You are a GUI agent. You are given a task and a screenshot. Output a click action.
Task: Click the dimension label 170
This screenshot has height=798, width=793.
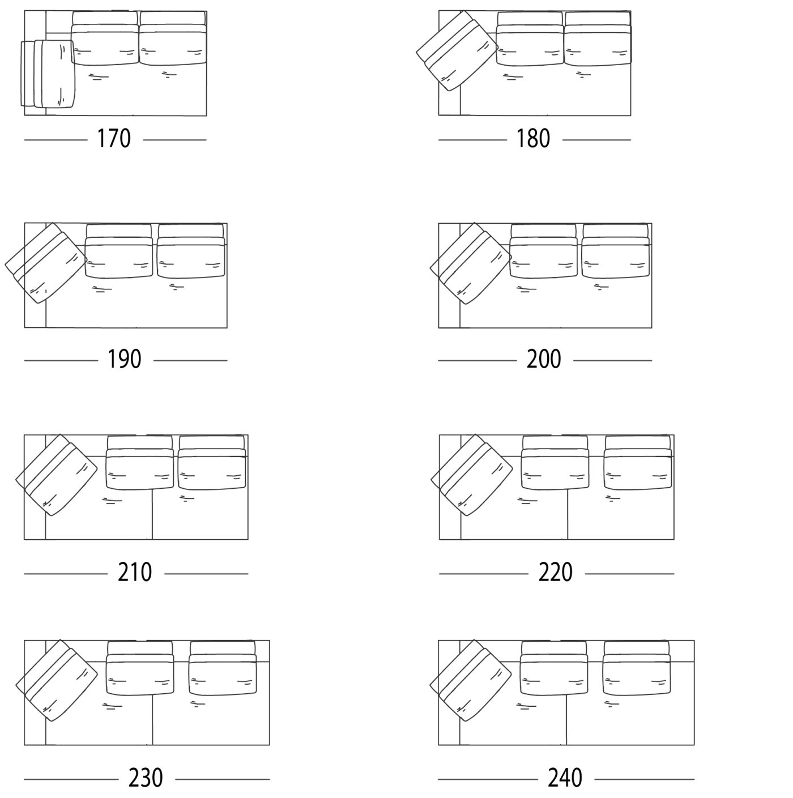pos(114,139)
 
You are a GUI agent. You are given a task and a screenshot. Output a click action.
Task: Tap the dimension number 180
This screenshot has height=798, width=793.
pos(533,139)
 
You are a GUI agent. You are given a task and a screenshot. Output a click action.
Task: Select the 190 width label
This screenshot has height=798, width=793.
pos(124,359)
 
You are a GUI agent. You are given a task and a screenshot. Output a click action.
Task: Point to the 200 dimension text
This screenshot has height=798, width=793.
pos(544,359)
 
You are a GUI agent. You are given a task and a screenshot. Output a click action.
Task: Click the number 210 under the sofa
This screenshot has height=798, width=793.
pos(135,573)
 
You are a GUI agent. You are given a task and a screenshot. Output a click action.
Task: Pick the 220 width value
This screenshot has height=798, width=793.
pos(555,573)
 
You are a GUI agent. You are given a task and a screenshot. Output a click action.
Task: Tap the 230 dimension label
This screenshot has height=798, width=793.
pos(146,778)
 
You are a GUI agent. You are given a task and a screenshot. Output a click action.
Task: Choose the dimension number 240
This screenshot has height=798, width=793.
pos(565,778)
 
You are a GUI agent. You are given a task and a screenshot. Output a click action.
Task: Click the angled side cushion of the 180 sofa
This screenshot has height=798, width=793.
pos(457,52)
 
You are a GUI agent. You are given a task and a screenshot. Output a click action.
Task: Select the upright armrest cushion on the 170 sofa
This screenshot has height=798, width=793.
pos(48,74)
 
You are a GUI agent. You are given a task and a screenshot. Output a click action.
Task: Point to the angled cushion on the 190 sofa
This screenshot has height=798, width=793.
pos(45,263)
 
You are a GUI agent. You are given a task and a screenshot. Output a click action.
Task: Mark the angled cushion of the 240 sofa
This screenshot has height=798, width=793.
pos(471,681)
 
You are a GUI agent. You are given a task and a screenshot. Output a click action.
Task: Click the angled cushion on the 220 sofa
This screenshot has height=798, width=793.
pos(472,475)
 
